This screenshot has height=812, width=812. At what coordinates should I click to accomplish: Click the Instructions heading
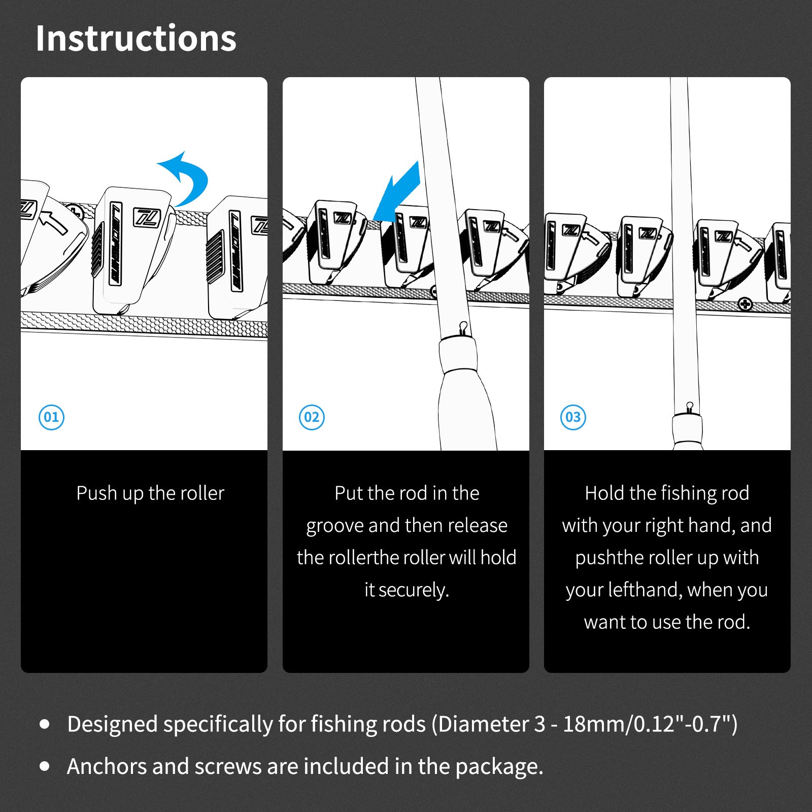tap(136, 39)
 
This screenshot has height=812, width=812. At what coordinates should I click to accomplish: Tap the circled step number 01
tap(52, 417)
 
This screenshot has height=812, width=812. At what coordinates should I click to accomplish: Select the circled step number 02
tap(312, 417)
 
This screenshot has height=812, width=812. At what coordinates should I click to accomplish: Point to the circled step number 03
tap(573, 417)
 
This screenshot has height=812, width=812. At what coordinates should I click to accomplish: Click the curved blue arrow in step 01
tap(195, 173)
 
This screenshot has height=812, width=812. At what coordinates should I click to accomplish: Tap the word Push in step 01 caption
tap(97, 493)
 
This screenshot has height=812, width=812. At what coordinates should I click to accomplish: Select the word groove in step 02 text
tap(335, 526)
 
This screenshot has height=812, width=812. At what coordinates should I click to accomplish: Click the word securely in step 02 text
tap(414, 590)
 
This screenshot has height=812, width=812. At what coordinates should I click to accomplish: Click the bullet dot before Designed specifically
tap(45, 724)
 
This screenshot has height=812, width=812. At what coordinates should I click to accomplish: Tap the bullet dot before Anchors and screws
tap(45, 766)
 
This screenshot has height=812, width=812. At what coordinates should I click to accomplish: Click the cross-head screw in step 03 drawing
tap(745, 304)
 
